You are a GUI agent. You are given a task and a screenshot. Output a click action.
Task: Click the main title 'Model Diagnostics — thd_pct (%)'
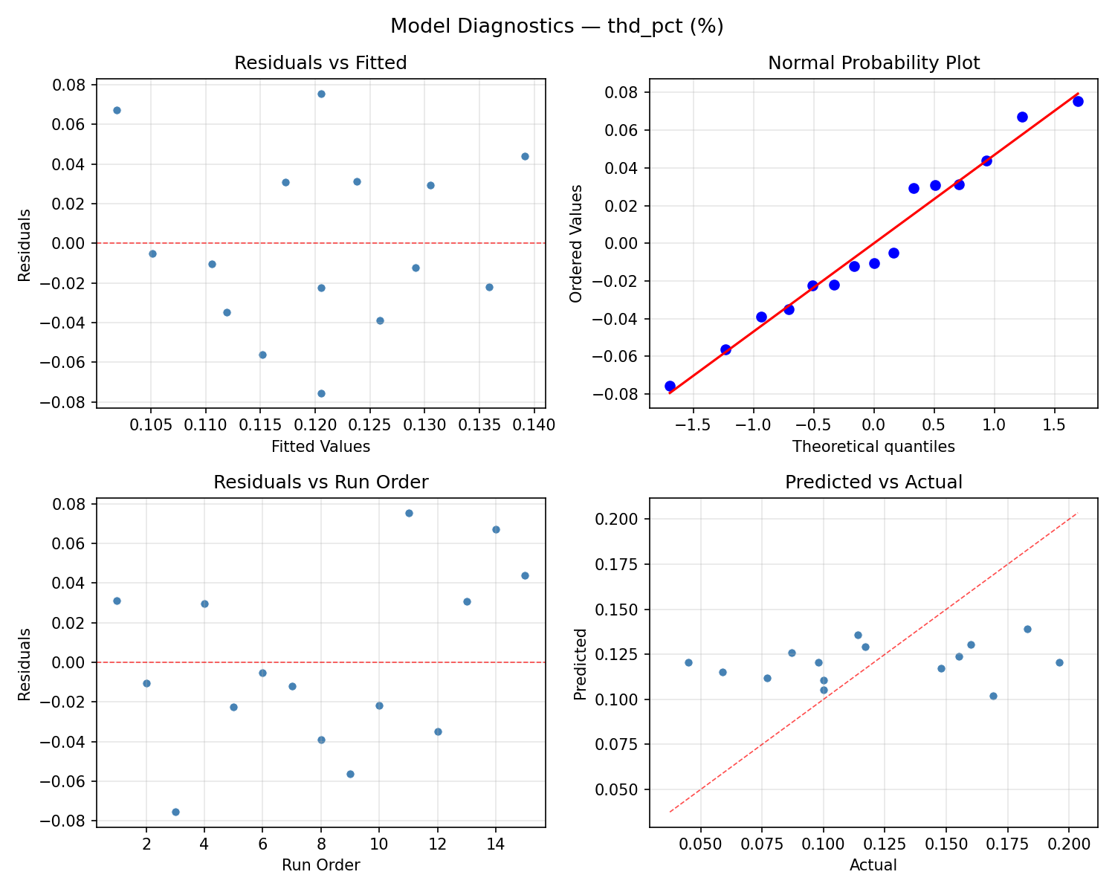(557, 27)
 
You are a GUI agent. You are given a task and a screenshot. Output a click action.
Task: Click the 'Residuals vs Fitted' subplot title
(320, 63)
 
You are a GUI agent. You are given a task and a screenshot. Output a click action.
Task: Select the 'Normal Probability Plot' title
(873, 63)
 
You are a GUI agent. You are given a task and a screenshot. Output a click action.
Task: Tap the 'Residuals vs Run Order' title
(320, 482)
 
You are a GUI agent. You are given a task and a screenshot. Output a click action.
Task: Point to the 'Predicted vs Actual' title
(873, 482)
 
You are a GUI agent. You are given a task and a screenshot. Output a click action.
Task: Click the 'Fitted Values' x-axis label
(320, 447)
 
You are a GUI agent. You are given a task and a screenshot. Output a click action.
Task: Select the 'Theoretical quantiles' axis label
(873, 447)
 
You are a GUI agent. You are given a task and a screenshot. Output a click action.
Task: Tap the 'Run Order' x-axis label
(320, 865)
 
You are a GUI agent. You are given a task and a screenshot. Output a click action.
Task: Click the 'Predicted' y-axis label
(581, 663)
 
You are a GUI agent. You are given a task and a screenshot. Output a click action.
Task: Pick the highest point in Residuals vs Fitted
(321, 94)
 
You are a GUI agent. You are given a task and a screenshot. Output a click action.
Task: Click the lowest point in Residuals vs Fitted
(321, 393)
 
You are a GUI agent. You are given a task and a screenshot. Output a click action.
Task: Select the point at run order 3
(175, 812)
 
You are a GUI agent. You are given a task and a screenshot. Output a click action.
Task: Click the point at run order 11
(409, 513)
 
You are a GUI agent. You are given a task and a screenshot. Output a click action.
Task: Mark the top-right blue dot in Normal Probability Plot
(1078, 101)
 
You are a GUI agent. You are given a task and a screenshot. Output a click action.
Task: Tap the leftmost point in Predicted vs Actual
(688, 662)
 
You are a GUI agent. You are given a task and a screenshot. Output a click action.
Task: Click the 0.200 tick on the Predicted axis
(615, 519)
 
